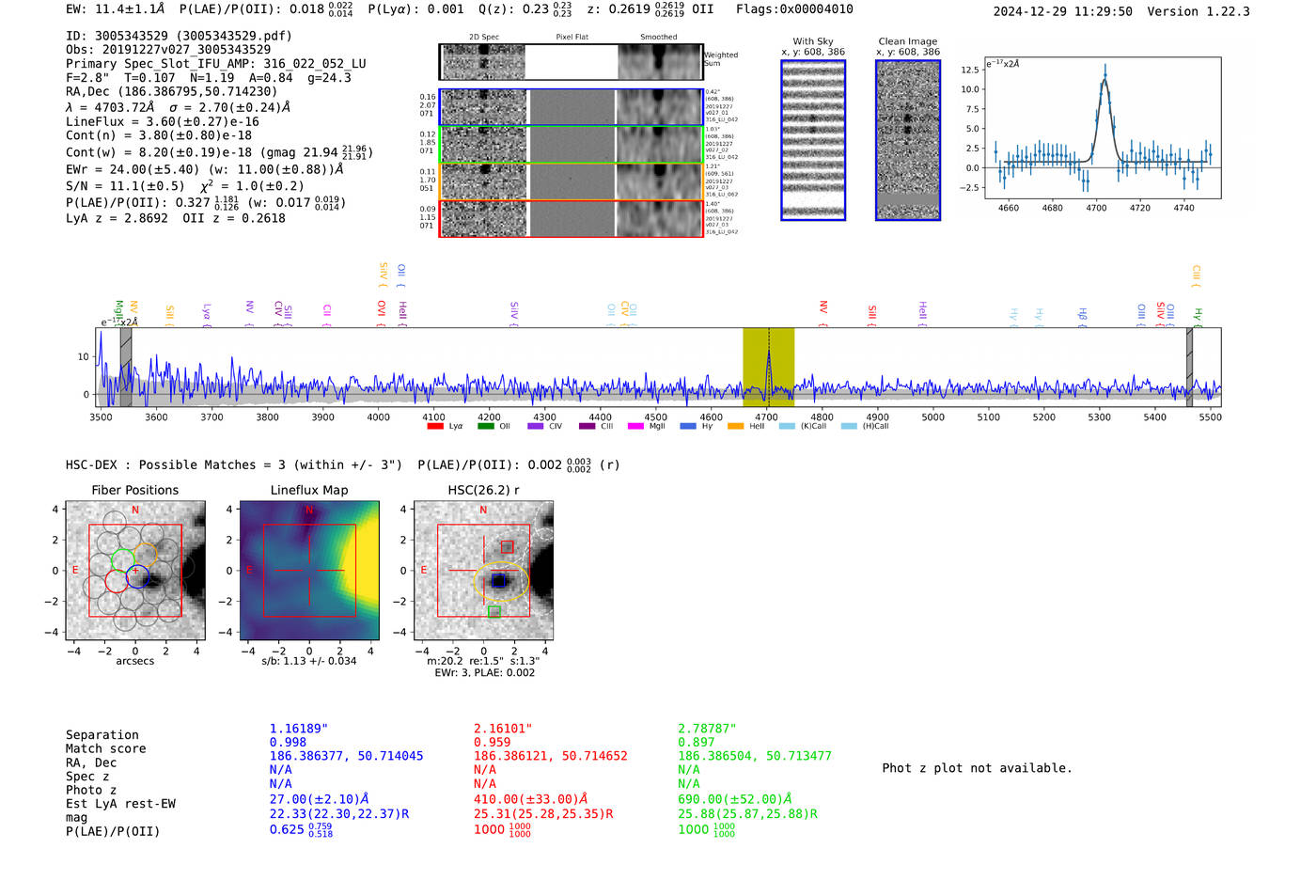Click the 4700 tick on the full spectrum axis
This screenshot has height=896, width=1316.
click(x=767, y=417)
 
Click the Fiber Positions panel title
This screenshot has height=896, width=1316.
click(x=134, y=490)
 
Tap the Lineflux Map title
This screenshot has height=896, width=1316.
click(x=308, y=490)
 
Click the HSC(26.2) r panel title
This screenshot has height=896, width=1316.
click(x=483, y=490)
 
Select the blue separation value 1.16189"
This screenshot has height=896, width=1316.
click(x=298, y=729)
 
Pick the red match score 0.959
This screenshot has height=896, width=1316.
click(x=493, y=742)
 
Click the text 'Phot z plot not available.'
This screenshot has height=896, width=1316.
click(x=977, y=768)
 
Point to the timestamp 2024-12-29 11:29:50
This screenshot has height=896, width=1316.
click(x=1062, y=11)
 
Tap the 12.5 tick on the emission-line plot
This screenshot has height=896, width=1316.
click(x=970, y=70)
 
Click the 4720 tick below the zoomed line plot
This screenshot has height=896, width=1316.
click(x=1139, y=208)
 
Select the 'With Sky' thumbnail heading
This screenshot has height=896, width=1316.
click(x=813, y=41)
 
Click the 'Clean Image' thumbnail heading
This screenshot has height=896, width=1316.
click(x=907, y=41)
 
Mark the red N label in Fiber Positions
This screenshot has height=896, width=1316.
click(x=135, y=511)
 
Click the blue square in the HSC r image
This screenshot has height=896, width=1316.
click(x=498, y=581)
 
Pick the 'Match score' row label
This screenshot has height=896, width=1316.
click(x=105, y=748)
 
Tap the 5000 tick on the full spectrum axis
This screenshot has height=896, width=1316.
click(x=932, y=417)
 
